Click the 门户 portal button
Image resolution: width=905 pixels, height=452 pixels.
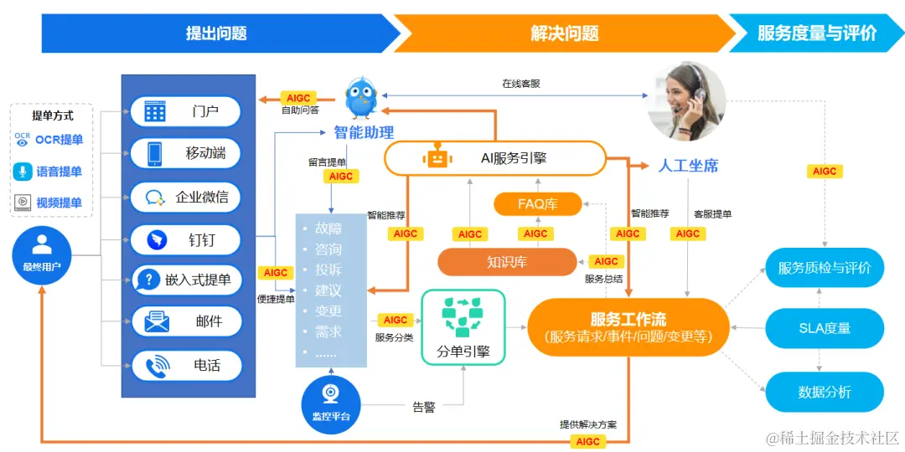pyautogui.click(x=186, y=111)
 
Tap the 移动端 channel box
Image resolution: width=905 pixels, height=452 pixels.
pyautogui.click(x=186, y=154)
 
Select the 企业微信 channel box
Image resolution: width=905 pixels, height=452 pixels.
pyautogui.click(x=186, y=198)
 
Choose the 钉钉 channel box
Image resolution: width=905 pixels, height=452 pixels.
pyautogui.click(x=186, y=240)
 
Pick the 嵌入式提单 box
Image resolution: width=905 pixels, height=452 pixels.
pyautogui.click(x=186, y=280)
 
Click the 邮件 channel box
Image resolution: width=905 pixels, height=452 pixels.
pyautogui.click(x=186, y=321)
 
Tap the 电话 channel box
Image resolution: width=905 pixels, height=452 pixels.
pyautogui.click(x=186, y=366)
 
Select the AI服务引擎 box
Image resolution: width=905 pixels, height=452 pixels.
pyautogui.click(x=494, y=158)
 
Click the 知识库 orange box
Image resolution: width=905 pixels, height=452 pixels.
pyautogui.click(x=507, y=262)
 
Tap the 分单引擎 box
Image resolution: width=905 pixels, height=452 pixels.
pyautogui.click(x=463, y=327)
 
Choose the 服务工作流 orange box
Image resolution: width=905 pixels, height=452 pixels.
pyautogui.click(x=628, y=327)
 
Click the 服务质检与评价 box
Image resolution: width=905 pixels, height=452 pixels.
pyautogui.click(x=825, y=268)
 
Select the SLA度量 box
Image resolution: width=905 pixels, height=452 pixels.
pyautogui.click(x=825, y=328)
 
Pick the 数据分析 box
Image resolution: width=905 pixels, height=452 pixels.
pyautogui.click(x=825, y=392)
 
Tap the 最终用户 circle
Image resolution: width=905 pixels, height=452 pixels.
pyautogui.click(x=42, y=254)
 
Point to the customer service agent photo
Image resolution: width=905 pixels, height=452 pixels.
pyautogui.click(x=686, y=101)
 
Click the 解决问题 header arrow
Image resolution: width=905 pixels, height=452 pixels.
pyautogui.click(x=564, y=33)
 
